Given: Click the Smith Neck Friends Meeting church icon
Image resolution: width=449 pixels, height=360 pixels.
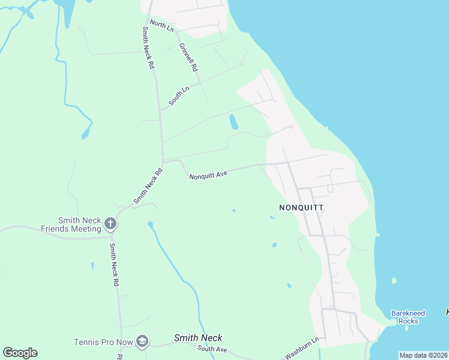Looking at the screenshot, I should click(110, 224).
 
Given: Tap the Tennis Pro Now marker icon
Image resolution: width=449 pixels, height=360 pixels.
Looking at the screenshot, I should click(142, 342).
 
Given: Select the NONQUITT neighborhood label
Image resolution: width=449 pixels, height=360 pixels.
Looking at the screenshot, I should click(301, 208).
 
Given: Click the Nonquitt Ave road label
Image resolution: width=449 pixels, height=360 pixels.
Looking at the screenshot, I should click(208, 175).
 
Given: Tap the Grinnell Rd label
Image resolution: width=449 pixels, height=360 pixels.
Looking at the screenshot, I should click(188, 58).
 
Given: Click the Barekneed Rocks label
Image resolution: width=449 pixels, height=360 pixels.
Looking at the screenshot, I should click(408, 317).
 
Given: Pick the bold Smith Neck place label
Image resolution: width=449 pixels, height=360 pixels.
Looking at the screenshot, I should click(197, 338).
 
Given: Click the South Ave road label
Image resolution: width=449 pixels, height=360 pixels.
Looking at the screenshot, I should click(212, 349).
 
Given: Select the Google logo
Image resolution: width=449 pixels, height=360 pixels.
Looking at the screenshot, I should click(20, 353).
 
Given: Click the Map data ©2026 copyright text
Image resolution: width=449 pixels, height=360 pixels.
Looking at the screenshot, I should click(423, 355).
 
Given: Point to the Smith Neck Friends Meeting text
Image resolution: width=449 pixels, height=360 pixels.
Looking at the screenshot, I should click(71, 224).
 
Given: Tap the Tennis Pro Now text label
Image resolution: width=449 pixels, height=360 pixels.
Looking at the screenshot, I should click(103, 342).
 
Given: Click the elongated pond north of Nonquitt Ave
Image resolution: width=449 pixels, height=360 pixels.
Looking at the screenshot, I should click(234, 122).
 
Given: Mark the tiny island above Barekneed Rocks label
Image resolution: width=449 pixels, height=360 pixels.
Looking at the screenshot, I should click(394, 281).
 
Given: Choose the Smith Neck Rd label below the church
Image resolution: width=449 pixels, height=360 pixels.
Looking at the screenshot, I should click(114, 265).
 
